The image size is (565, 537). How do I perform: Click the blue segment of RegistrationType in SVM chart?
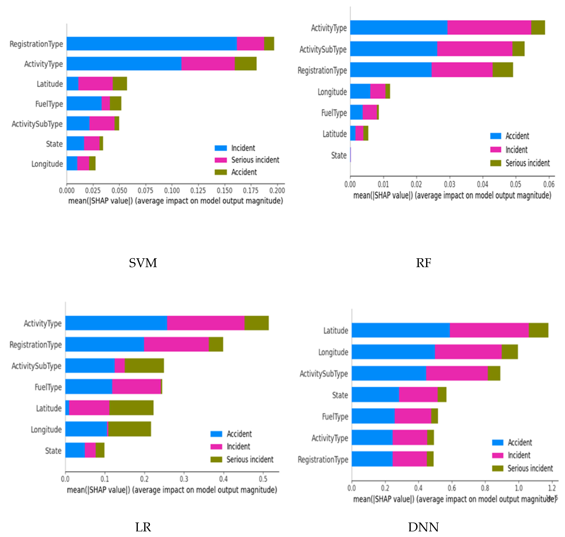(152, 44)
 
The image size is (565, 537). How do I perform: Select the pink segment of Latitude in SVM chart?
(95, 84)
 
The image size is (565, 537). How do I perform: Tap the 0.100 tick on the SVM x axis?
(172, 190)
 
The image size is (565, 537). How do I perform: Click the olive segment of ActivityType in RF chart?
(538, 27)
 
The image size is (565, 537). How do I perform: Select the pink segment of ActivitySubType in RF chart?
(475, 49)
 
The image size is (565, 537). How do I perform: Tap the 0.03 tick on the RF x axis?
(449, 184)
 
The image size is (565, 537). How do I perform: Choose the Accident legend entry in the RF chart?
(517, 136)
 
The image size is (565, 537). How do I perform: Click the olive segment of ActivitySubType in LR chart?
(144, 366)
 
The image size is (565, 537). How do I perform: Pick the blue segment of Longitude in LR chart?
(86, 429)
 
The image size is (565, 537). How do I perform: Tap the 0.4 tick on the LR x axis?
(223, 479)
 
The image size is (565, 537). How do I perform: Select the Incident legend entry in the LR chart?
(238, 446)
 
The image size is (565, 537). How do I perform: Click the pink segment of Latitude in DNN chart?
(489, 330)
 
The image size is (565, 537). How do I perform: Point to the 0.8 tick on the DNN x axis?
(485, 488)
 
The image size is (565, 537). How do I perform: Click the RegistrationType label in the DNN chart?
(323, 459)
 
